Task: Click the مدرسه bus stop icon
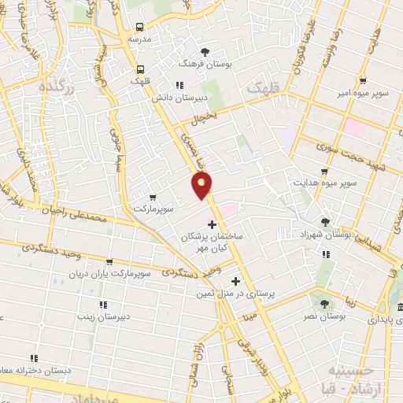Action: [140, 25]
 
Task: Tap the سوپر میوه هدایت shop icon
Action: [324, 172]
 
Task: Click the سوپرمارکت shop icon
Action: [152, 198]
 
